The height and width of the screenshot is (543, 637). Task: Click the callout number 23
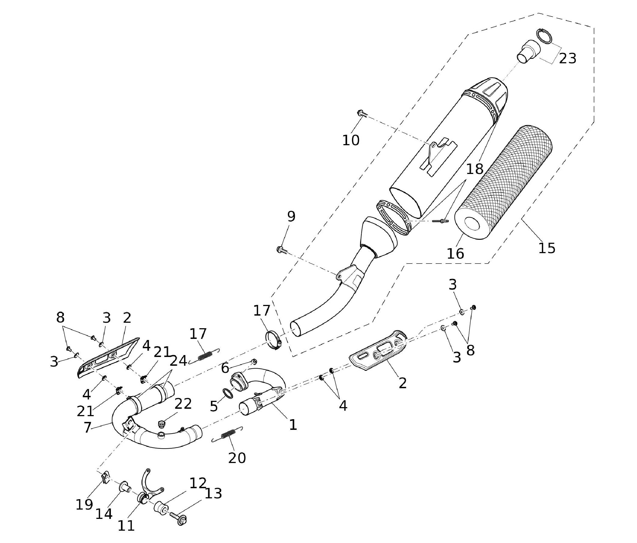pyautogui.click(x=567, y=58)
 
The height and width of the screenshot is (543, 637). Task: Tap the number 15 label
pyautogui.click(x=547, y=248)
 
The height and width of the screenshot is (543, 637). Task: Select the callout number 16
pyautogui.click(x=455, y=253)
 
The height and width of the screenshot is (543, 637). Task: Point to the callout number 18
pyautogui.click(x=475, y=169)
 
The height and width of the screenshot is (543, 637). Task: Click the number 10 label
pyautogui.click(x=351, y=140)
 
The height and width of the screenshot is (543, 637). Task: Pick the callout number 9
pyautogui.click(x=291, y=216)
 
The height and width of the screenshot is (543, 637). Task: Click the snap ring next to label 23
pyautogui.click(x=545, y=37)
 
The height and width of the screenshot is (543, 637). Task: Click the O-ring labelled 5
pyautogui.click(x=228, y=393)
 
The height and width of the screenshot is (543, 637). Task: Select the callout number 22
pyautogui.click(x=183, y=404)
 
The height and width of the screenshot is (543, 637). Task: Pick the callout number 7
pyautogui.click(x=87, y=427)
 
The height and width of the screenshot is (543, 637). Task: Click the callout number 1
pyautogui.click(x=293, y=425)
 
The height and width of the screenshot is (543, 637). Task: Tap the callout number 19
pyautogui.click(x=84, y=504)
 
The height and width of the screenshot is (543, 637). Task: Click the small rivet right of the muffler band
pyautogui.click(x=441, y=221)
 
